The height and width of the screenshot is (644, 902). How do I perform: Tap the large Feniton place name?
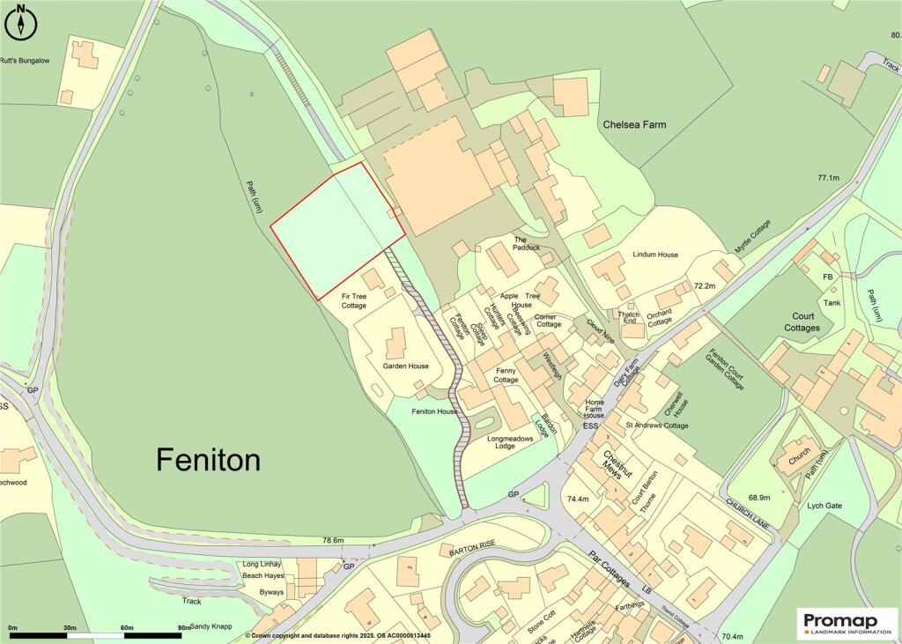[209, 459]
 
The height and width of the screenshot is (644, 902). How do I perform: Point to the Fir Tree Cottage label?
[354, 300]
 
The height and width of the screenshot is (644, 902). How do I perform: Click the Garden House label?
[405, 366]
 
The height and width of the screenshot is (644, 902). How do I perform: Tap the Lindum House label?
[655, 255]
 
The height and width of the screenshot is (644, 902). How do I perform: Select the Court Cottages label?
[802, 322]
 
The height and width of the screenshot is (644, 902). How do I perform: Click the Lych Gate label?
[825, 506]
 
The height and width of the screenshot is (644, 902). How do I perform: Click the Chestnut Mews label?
[611, 467]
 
